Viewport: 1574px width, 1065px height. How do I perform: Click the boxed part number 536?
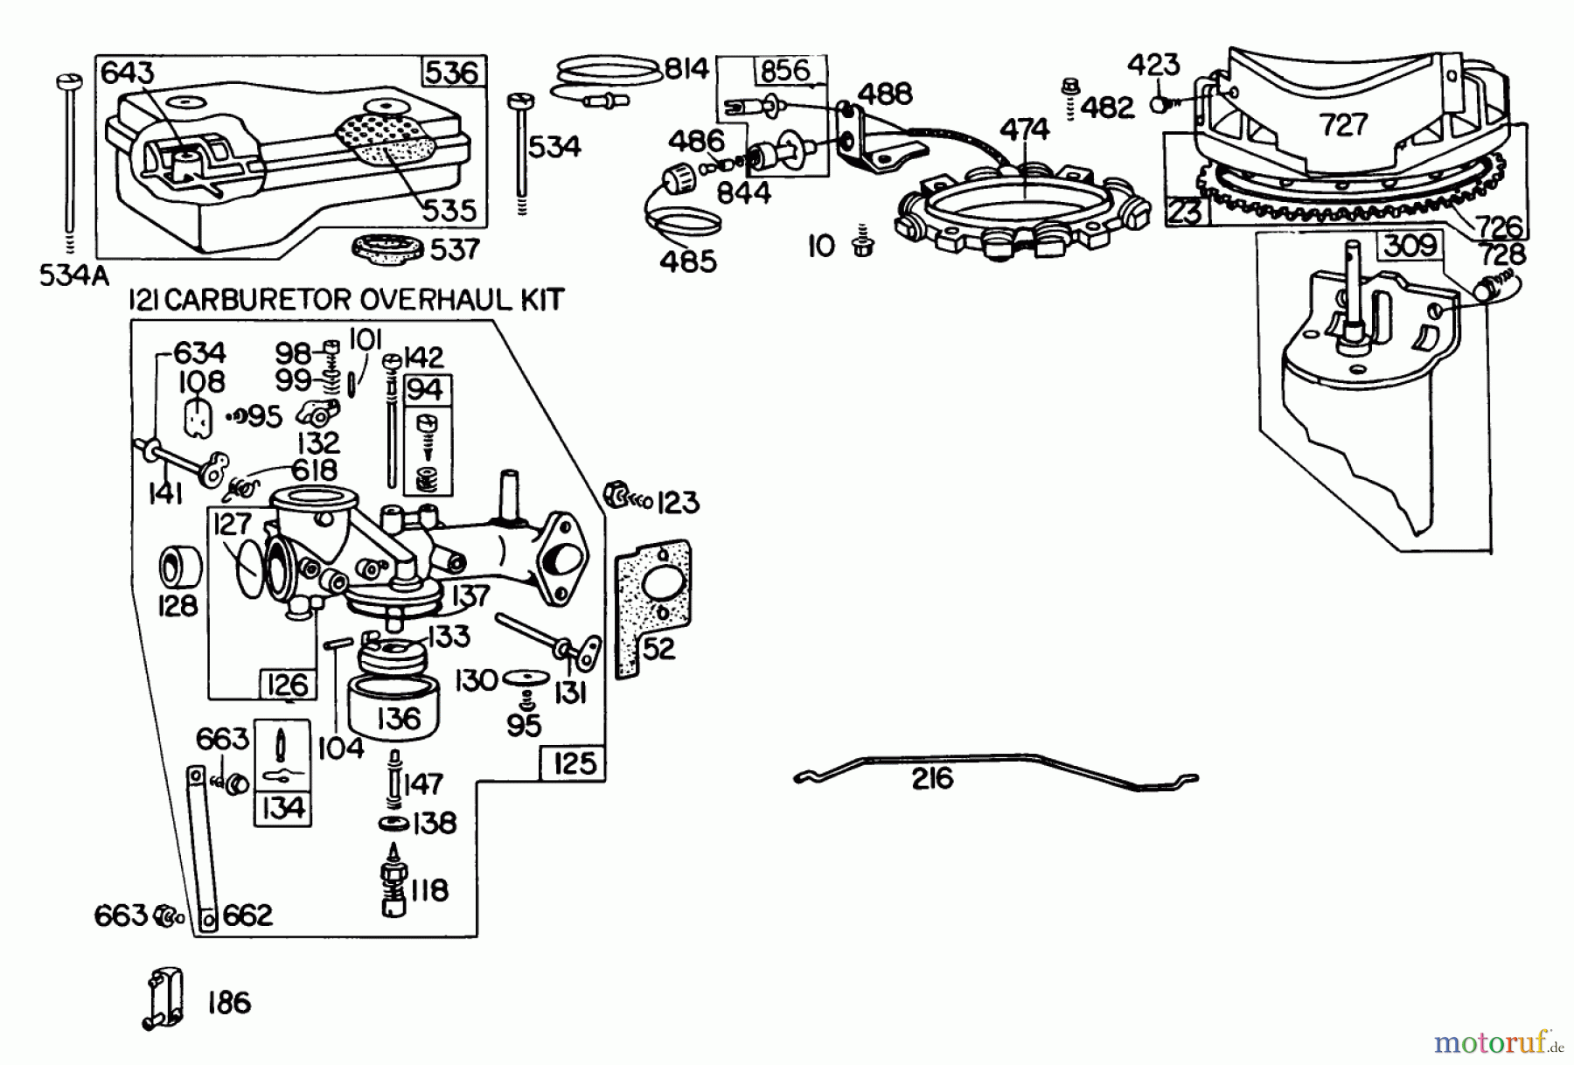click(453, 72)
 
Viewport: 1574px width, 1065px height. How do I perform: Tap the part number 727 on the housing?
click(1344, 125)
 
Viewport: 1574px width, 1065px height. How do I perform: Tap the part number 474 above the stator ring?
click(1024, 129)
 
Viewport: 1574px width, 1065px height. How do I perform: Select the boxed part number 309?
click(1409, 247)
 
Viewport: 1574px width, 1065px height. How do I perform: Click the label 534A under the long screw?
click(73, 276)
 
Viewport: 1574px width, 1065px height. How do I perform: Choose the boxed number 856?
click(784, 70)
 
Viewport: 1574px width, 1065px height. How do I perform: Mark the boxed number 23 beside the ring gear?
click(1185, 212)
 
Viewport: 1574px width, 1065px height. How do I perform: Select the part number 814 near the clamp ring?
click(686, 68)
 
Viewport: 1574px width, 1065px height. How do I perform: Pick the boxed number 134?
click(282, 808)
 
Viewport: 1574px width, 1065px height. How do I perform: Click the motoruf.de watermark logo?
click(1499, 1042)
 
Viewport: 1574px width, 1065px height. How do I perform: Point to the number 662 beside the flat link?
click(247, 915)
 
